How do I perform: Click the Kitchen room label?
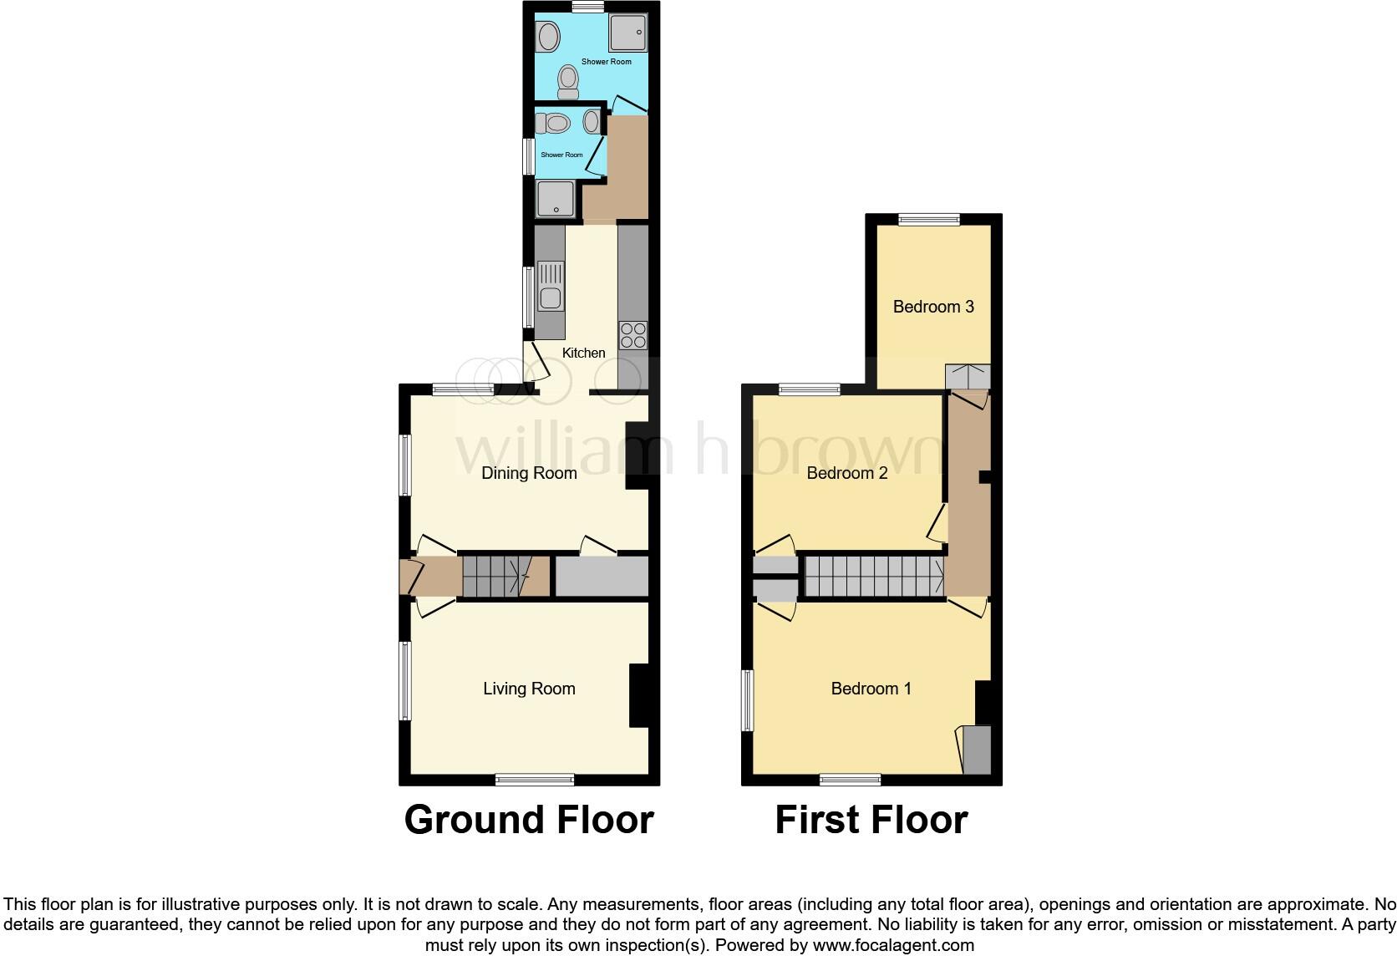coord(583,353)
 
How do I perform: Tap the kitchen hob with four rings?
coord(632,335)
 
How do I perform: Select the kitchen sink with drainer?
coord(551,287)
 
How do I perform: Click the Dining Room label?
coord(529,473)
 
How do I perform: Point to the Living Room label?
coord(529,689)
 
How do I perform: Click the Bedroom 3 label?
coord(933,307)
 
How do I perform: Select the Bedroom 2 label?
coord(846,473)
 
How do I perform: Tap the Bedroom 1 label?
coord(871,689)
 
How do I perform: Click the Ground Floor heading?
coord(529,820)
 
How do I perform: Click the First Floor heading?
coord(871,820)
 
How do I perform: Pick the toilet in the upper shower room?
coord(568,82)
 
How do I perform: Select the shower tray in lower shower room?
coord(554,200)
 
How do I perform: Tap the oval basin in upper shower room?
coord(548,37)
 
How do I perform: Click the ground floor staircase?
coord(498,576)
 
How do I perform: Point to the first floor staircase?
coord(873,576)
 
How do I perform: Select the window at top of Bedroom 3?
coord(929,220)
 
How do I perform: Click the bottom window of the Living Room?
coord(535,780)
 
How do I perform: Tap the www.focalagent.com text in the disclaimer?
coord(892,946)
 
